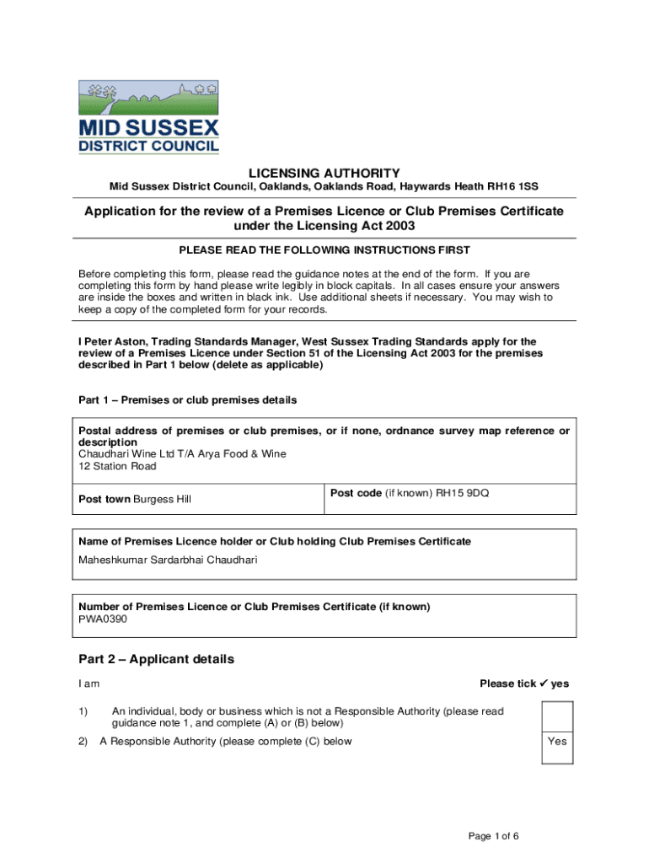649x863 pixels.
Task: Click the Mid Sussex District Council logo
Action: [x=148, y=117]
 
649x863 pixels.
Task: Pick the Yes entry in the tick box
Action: [x=557, y=742]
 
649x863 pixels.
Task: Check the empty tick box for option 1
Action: [x=557, y=716]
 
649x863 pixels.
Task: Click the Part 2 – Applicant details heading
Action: [x=156, y=659]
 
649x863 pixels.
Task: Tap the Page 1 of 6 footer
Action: [x=494, y=836]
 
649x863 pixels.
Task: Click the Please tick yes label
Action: [x=524, y=683]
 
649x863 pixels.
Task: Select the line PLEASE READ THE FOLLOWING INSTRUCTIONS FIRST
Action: [x=324, y=250]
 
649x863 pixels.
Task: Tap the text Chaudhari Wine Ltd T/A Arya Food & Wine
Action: [x=182, y=453]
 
